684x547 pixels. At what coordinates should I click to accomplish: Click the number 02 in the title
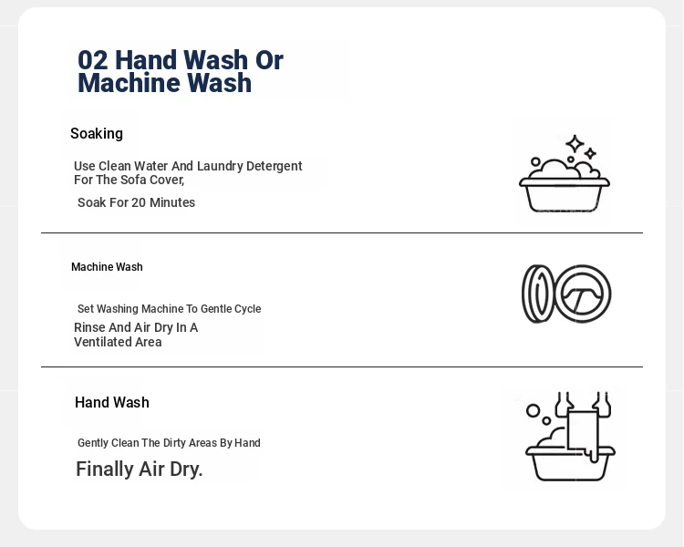92,60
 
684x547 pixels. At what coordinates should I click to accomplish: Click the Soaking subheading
97,133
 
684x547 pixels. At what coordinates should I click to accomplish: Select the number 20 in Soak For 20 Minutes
139,202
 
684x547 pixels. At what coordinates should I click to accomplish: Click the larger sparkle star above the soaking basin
575,143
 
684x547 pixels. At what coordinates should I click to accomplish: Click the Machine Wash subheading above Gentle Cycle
107,267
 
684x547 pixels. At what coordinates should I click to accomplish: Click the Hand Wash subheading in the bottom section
112,402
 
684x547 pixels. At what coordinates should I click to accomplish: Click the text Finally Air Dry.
140,470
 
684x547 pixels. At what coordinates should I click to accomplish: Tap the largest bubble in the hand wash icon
534,411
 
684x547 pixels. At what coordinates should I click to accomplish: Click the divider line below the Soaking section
342,233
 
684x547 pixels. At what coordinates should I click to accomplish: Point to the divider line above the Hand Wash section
342,366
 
